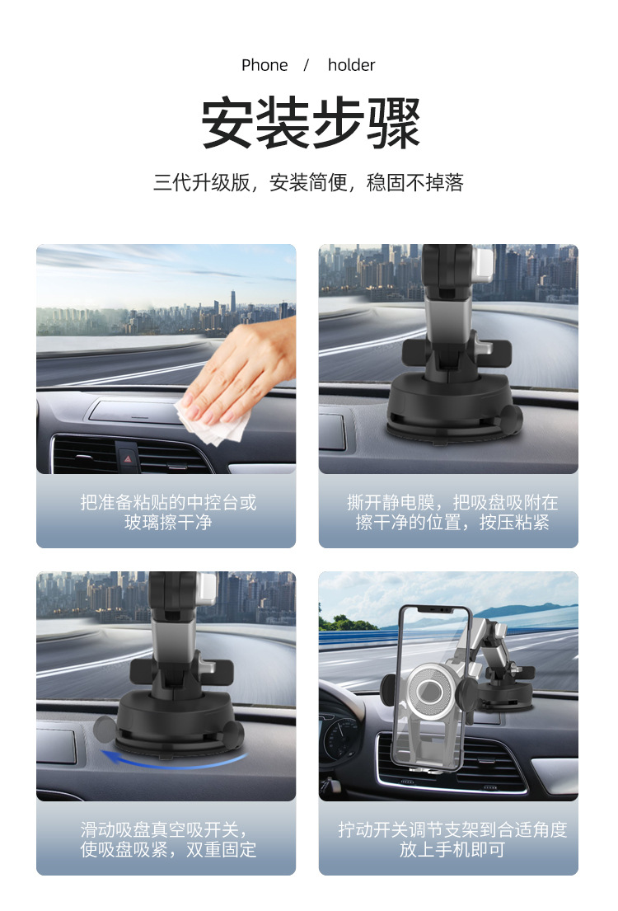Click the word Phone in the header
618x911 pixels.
coord(265,65)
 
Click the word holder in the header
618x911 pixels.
coord(351,65)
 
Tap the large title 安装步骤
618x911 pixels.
coord(311,124)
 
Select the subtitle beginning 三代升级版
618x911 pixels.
coord(308,182)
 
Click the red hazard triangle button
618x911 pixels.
coord(128,454)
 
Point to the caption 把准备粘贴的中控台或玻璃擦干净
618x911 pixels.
coord(167,512)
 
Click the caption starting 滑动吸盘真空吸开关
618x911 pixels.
coord(167,839)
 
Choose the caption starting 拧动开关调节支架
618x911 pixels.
coord(452,839)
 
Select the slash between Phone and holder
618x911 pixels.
coord(307,65)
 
